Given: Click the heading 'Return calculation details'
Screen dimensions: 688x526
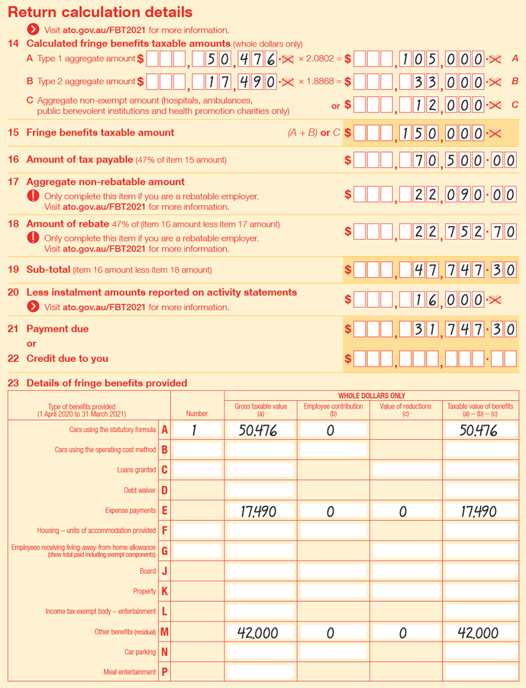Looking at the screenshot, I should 100,12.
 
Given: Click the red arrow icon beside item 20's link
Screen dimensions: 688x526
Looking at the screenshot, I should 33,307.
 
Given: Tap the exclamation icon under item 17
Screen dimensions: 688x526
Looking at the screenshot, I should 33,196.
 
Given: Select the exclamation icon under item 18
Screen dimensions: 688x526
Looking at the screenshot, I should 33,238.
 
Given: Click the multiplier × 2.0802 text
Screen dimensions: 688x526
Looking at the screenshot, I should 318,58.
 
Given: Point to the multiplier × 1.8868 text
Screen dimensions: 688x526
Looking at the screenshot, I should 318,81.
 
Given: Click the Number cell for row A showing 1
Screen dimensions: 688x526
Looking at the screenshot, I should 196,431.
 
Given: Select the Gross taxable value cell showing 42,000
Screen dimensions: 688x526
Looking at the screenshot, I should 260,632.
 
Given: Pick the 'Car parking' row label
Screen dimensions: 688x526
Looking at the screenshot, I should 140,652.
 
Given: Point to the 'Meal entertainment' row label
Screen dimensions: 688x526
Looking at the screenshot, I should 130,672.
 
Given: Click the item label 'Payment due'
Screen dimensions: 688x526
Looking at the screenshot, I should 57,329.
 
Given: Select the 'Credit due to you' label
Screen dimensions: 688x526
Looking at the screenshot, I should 67,358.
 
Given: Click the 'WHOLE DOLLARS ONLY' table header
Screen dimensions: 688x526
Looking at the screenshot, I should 372,396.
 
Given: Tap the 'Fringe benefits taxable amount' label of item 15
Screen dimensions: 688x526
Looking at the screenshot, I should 100,132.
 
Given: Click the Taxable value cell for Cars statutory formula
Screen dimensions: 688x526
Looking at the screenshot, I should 479,431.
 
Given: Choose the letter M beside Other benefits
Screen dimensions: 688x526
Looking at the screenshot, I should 164,631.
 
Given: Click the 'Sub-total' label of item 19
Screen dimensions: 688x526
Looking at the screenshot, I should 48,270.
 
